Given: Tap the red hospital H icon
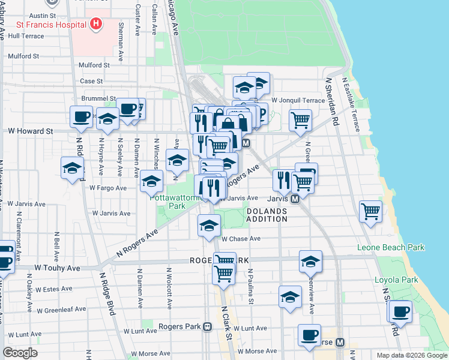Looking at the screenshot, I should point(95,24).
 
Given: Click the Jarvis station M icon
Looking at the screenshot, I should point(295,199).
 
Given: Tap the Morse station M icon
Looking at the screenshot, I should point(340,342).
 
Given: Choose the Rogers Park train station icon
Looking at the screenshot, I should point(207,327).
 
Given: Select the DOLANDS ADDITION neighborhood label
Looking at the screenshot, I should point(267,215).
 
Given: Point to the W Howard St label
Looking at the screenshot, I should point(30,130).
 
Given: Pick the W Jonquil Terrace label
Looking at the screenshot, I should point(298,100).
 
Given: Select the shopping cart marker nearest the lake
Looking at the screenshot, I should point(371,211).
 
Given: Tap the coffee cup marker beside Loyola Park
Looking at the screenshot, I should point(400,311).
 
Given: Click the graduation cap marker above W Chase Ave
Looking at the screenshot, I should point(209,226).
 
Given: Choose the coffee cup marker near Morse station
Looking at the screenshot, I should point(310,335).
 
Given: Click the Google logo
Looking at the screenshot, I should point(20,353).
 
